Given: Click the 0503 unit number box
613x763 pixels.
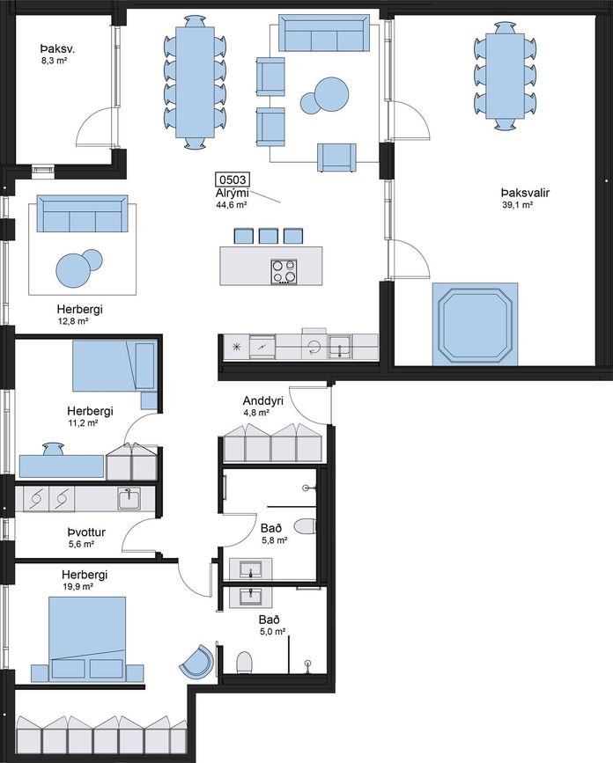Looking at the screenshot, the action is tap(232, 180).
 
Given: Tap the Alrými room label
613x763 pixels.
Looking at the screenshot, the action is tap(233, 194).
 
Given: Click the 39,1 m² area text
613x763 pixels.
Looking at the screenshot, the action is tap(517, 205).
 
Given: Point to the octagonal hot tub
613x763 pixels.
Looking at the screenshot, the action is tap(476, 324).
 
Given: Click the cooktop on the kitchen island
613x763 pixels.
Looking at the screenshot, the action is tap(284, 272).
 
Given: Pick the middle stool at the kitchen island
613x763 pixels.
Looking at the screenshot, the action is tap(269, 236).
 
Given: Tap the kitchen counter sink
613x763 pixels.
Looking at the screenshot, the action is tap(340, 347).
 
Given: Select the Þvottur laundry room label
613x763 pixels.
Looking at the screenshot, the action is tap(86, 532).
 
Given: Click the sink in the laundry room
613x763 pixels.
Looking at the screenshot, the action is tap(129, 499).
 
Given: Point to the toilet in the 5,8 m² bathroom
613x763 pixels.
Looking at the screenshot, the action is tap(306, 526).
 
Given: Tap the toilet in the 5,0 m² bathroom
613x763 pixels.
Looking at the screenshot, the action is tap(245, 663).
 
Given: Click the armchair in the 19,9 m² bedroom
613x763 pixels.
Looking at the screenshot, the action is tap(197, 660).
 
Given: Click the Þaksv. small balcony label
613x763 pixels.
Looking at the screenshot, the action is tap(57, 49).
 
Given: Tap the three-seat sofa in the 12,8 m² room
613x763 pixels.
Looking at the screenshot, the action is tap(82, 214).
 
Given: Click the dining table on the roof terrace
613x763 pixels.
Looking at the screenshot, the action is tap(506, 76).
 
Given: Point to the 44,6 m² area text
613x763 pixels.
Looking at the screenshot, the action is tap(232, 205).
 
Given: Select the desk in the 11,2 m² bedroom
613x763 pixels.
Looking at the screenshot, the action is tap(62, 466).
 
